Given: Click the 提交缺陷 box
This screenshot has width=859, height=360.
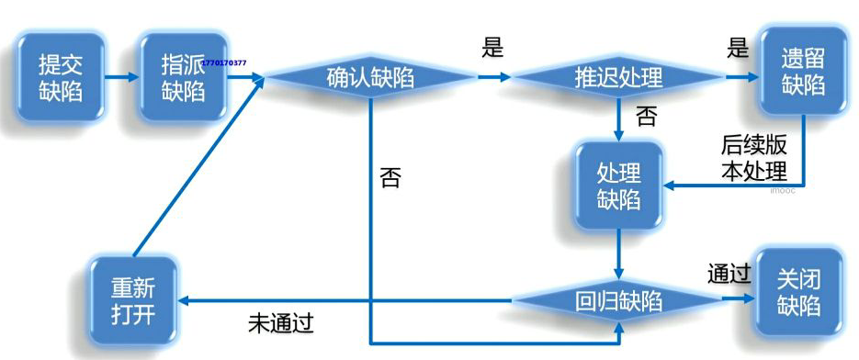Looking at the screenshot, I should (x=61, y=77).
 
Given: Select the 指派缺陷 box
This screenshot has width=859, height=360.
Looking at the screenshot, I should (x=183, y=77).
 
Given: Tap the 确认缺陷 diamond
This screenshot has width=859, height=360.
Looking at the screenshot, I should (x=370, y=78).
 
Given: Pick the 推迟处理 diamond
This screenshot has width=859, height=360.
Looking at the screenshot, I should (x=618, y=77).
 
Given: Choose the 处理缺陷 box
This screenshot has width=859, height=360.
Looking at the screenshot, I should (x=618, y=186).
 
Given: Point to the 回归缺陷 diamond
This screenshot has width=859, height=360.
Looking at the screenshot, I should (x=618, y=300).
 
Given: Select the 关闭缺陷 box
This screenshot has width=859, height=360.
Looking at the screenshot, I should (x=797, y=292).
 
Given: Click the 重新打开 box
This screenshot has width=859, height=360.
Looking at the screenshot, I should (x=133, y=299).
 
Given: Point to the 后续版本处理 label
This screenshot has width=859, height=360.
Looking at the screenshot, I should (x=753, y=159).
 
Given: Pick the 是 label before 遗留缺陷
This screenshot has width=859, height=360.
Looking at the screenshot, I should (x=738, y=48).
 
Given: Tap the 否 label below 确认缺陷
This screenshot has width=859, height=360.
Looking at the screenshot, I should (x=390, y=177).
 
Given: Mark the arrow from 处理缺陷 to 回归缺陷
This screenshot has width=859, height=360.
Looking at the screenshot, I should (x=618, y=253).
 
